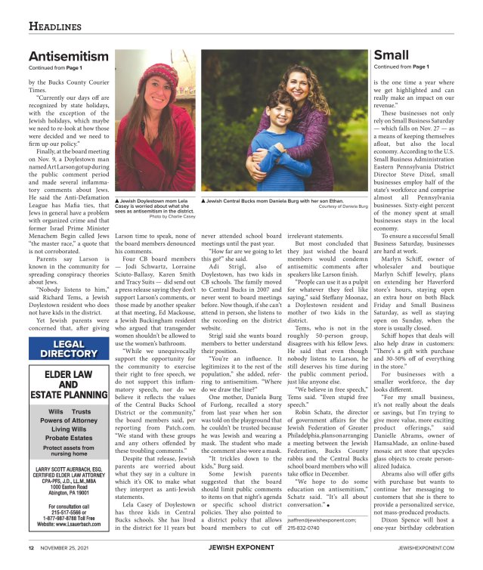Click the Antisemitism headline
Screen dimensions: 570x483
point(68,57)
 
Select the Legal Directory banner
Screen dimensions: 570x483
point(68,349)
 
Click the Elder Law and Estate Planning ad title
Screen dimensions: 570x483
point(68,383)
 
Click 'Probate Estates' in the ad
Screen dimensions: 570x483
point(68,438)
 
